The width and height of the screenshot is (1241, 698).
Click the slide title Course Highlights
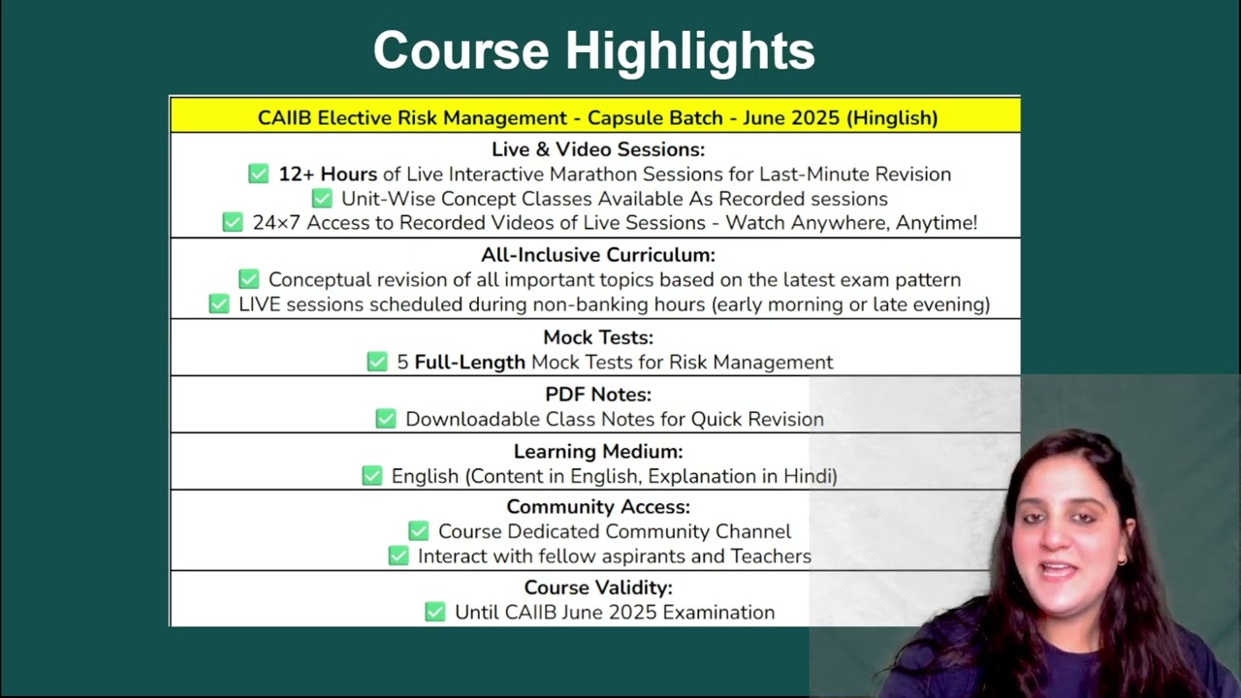pyautogui.click(x=594, y=51)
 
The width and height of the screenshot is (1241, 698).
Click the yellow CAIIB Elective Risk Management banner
pyautogui.click(x=595, y=115)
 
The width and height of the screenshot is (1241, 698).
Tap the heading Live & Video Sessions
pyautogui.click(x=598, y=149)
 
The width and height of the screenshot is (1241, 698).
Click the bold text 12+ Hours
pyautogui.click(x=328, y=174)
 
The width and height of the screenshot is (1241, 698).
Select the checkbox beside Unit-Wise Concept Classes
pyautogui.click(x=322, y=199)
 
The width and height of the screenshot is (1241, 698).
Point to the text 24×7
pyautogui.click(x=276, y=223)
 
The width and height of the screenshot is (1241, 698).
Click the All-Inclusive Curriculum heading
pyautogui.click(x=598, y=255)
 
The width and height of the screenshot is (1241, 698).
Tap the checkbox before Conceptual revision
pyautogui.click(x=249, y=279)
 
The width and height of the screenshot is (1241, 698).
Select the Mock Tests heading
pyautogui.click(x=598, y=337)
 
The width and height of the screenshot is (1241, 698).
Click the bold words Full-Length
pyautogui.click(x=470, y=363)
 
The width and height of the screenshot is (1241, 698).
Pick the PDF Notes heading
pyautogui.click(x=598, y=395)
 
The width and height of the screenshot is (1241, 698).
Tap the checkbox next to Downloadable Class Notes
pyautogui.click(x=386, y=419)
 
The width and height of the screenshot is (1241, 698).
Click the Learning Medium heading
pyautogui.click(x=598, y=452)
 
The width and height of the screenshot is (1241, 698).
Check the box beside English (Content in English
pyautogui.click(x=372, y=476)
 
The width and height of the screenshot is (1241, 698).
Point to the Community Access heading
pyautogui.click(x=598, y=507)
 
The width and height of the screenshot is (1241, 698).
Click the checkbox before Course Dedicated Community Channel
pyautogui.click(x=419, y=530)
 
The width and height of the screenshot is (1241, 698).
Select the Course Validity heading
pyautogui.click(x=598, y=587)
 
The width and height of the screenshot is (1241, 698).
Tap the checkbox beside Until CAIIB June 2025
pyautogui.click(x=435, y=612)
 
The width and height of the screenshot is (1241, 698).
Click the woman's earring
pyautogui.click(x=1123, y=561)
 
